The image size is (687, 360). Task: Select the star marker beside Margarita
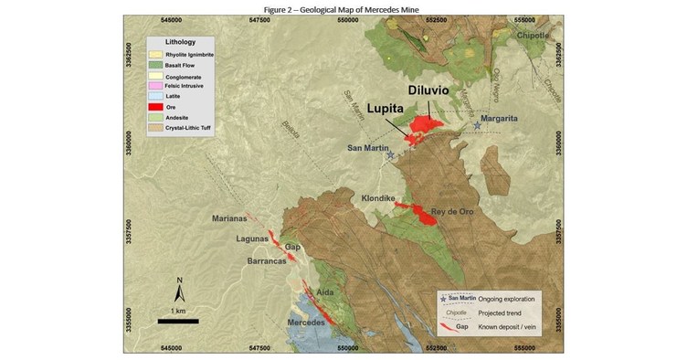476,125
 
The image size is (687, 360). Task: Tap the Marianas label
229,218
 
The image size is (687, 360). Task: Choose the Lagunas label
251,238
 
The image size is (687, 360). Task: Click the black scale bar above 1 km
178,321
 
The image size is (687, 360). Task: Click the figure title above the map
343,8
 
